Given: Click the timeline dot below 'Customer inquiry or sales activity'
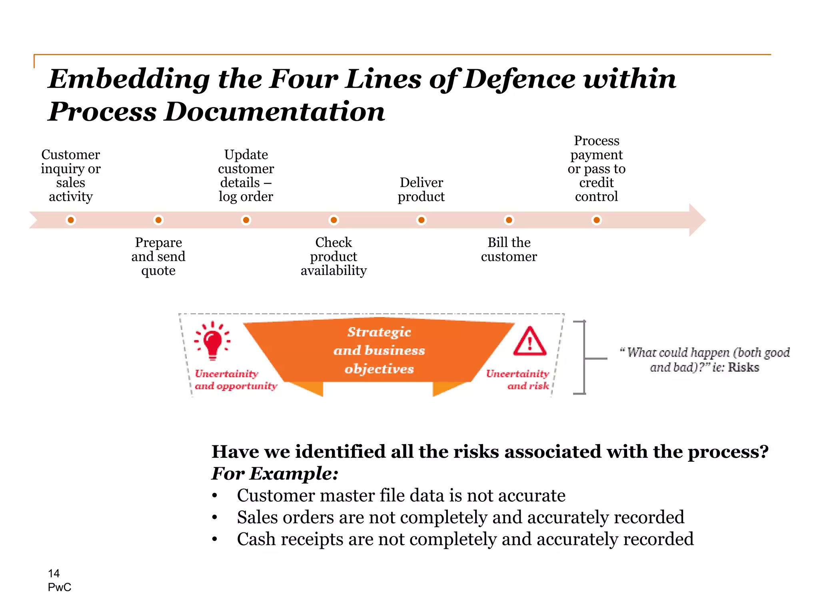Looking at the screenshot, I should (71, 220).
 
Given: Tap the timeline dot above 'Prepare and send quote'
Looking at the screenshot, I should (158, 220).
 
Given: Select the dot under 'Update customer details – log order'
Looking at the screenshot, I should (246, 220).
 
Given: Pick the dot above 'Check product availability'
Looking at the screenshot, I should (334, 220).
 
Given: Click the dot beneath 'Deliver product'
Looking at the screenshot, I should (421, 220).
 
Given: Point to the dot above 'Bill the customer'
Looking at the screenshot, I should (509, 220).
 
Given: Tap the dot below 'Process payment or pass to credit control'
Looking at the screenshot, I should (596, 220).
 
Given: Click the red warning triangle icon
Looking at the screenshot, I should (530, 342).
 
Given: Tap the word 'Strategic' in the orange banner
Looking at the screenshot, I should (379, 332).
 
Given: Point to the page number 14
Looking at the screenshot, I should (54, 574).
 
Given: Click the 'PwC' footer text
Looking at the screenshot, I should (60, 587).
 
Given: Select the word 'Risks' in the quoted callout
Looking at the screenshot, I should (743, 367).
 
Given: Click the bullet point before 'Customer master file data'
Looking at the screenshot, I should (215, 496).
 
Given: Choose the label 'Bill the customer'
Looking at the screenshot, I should (509, 249).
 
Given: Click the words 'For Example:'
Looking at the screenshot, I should (275, 474).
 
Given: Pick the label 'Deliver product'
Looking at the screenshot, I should (421, 189).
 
